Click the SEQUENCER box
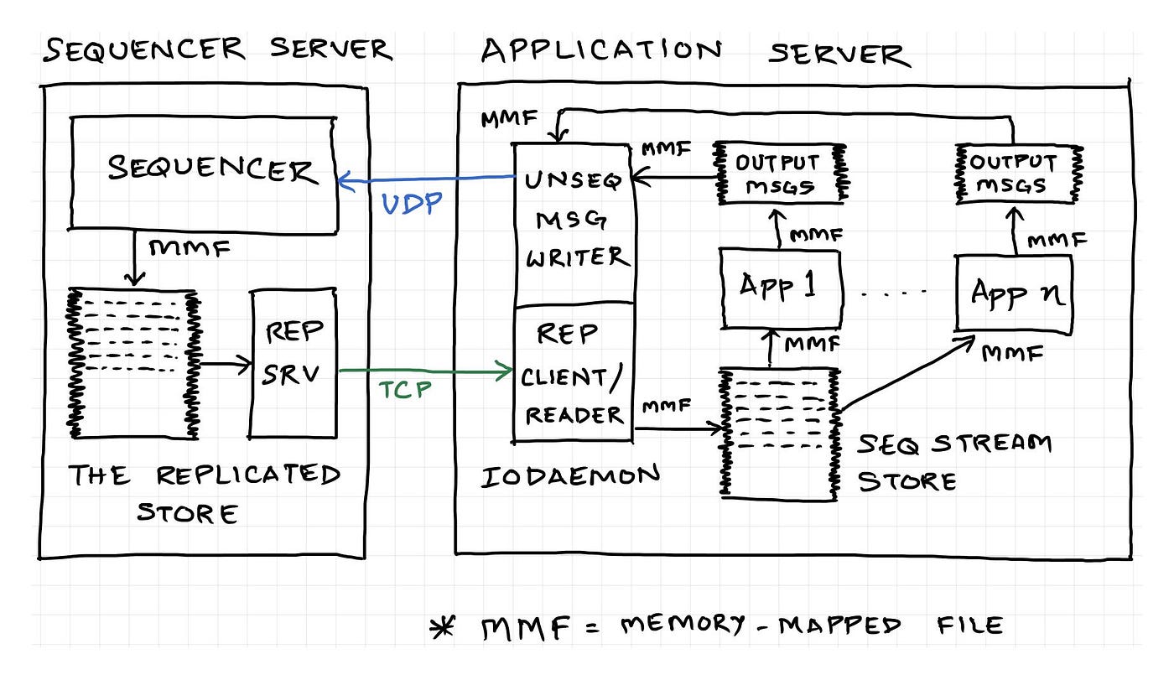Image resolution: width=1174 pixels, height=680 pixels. pos(204,172)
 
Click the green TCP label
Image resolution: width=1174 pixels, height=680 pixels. pos(407,390)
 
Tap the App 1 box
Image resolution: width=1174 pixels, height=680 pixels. pos(780,288)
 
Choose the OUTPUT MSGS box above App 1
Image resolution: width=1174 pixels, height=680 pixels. pos(778,174)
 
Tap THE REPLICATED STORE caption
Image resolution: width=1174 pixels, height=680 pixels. pos(203,493)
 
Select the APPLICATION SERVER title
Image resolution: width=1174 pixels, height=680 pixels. pos(694,52)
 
